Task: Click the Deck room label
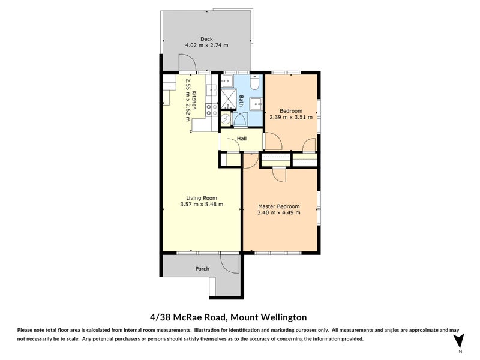206,39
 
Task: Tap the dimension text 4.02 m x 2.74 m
206,46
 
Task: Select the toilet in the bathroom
254,82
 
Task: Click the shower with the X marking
229,98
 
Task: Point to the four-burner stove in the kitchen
212,110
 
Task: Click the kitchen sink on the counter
212,90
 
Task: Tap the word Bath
241,101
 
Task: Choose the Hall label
242,139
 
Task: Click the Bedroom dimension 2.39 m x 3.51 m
291,117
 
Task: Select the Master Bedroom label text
279,206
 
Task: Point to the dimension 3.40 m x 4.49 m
279,212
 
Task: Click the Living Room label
202,198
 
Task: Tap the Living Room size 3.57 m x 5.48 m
202,204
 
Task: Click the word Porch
202,269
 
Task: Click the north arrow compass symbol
459,341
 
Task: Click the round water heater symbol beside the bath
226,118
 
